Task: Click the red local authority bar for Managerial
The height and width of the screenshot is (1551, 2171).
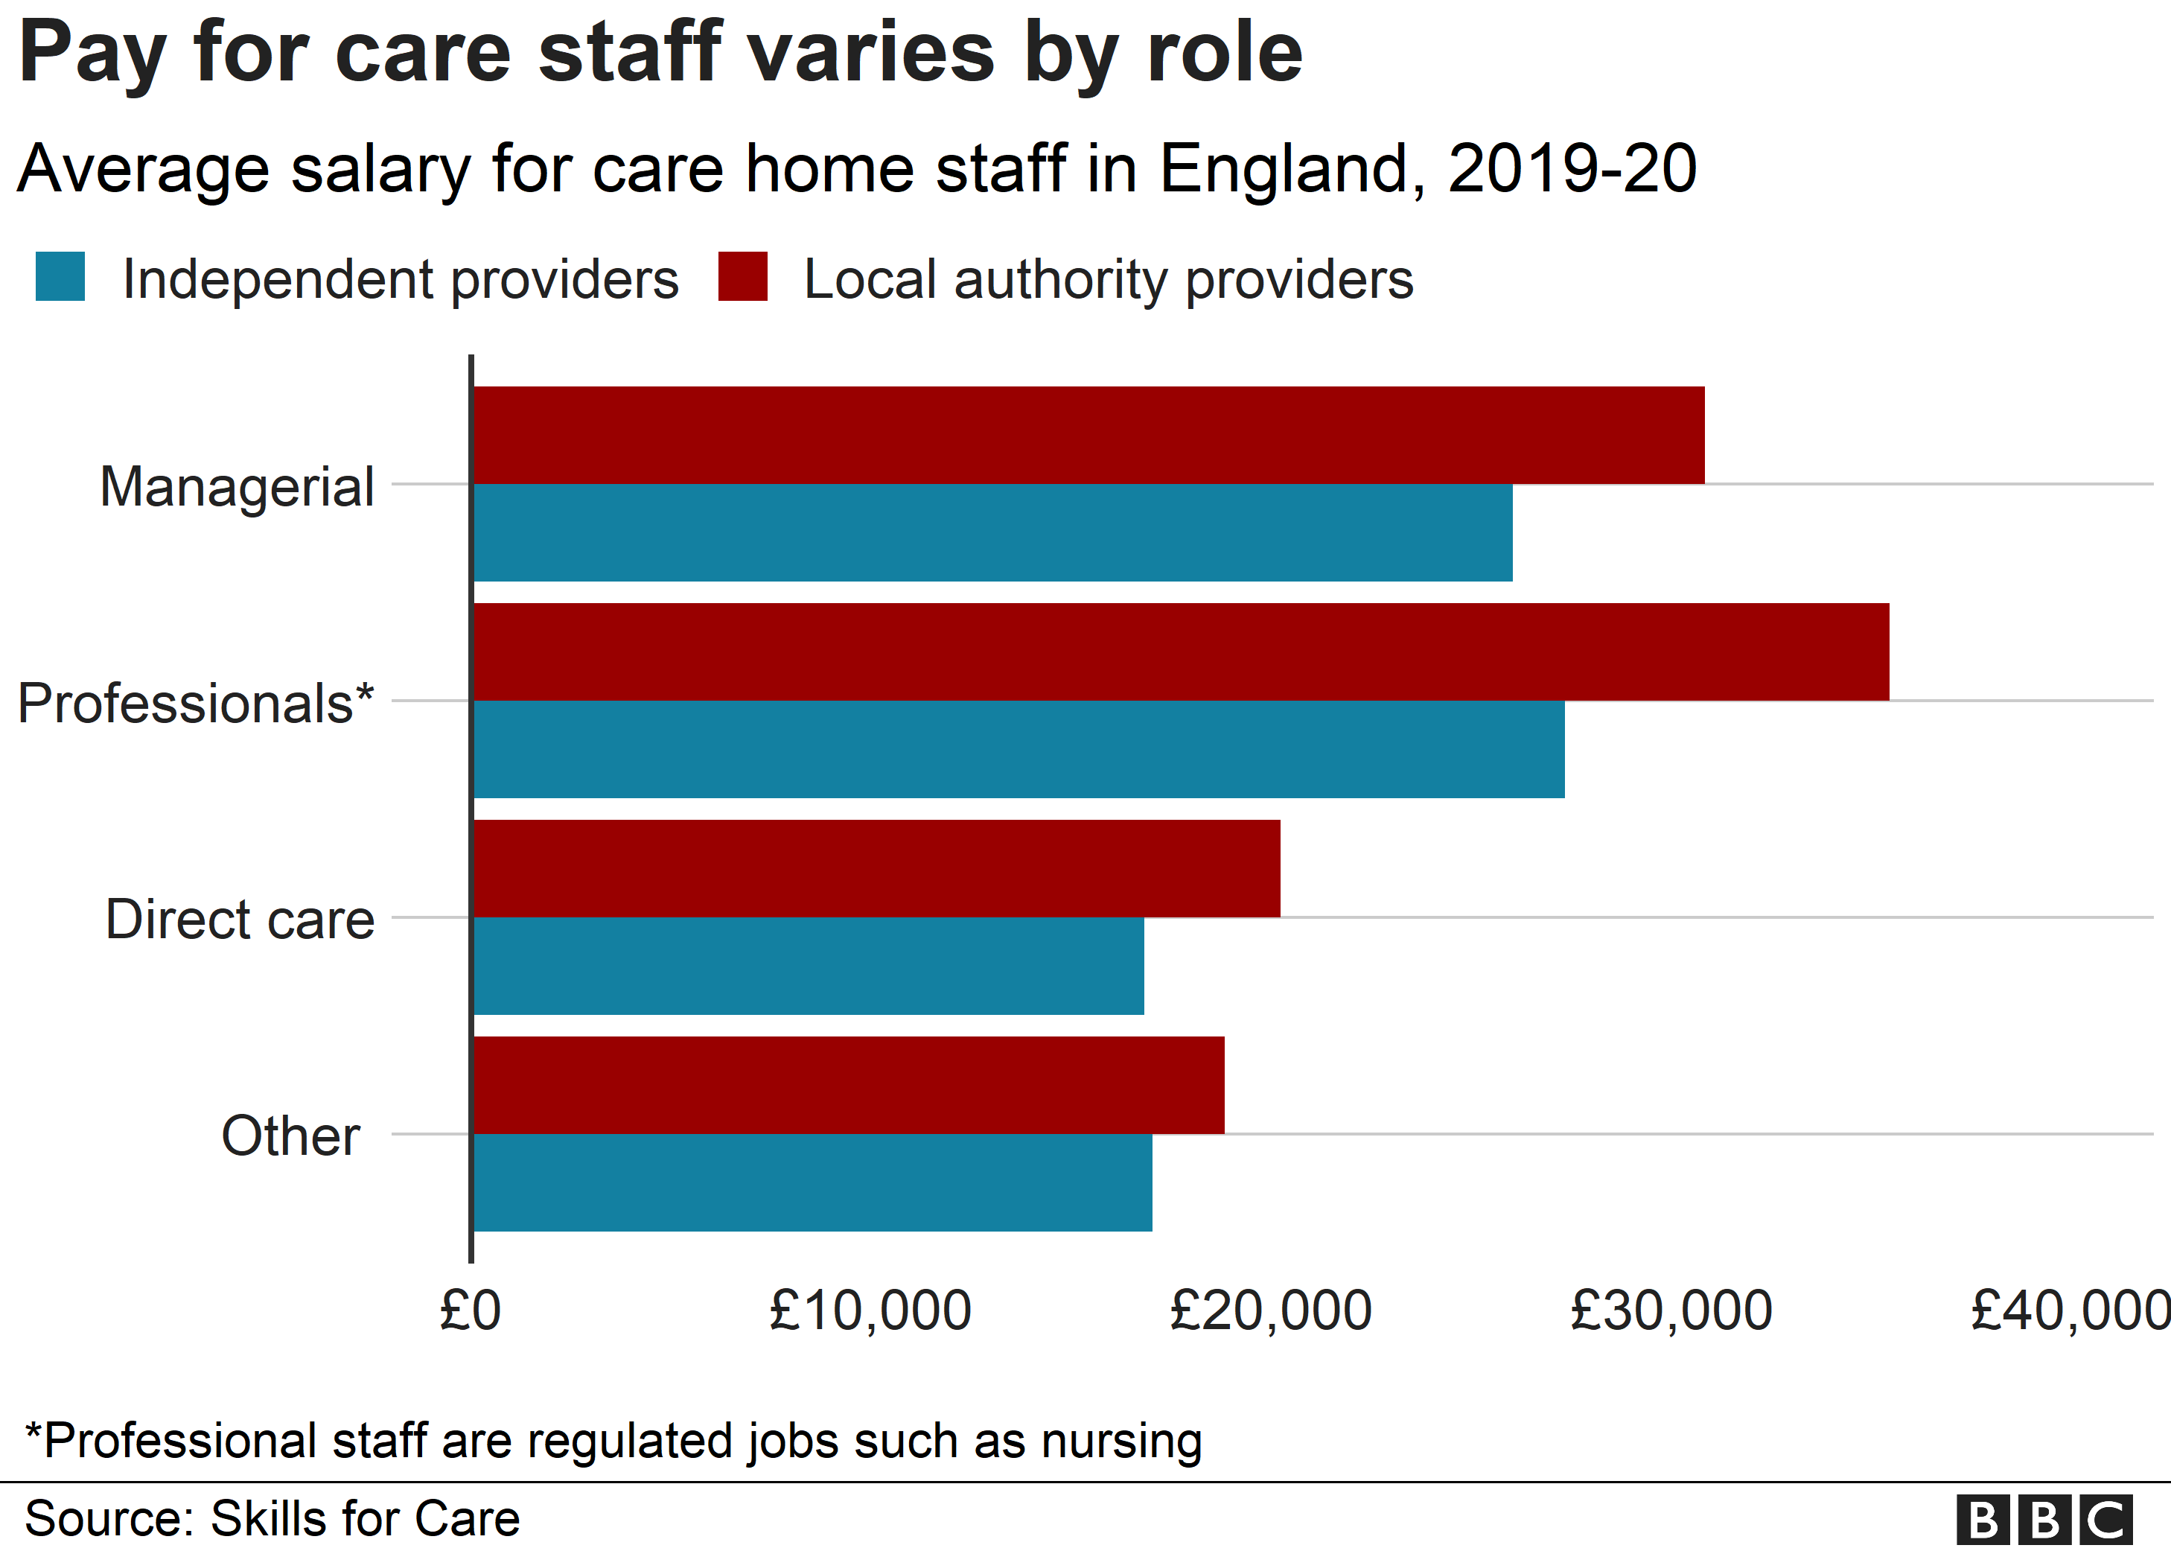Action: click(1088, 435)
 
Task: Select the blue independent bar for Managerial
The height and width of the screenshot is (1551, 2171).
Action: click(993, 533)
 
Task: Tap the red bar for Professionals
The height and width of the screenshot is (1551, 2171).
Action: click(1181, 652)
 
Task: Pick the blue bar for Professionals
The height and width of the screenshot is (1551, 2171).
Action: click(1018, 750)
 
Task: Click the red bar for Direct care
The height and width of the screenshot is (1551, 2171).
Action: click(876, 868)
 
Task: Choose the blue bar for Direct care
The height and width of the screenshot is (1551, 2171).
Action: click(809, 966)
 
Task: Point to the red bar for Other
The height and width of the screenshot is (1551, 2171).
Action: click(849, 1085)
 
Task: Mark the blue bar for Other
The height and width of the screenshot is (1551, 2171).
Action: click(812, 1183)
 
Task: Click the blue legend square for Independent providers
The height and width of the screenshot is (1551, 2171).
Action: click(60, 277)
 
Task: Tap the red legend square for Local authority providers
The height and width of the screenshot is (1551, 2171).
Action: click(743, 277)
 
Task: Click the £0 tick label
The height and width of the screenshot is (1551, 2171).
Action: click(470, 1310)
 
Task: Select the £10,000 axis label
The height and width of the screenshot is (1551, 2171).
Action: click(870, 1310)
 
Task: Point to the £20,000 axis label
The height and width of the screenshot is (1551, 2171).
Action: click(1271, 1310)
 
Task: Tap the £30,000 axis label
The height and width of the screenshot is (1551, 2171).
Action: click(1671, 1310)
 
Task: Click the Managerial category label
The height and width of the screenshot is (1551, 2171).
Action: click(237, 487)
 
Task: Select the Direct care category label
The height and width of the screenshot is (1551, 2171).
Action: click(240, 920)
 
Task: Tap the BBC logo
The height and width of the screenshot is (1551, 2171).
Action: click(2044, 1520)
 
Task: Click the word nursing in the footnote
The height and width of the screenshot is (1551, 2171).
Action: click(1122, 1441)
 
